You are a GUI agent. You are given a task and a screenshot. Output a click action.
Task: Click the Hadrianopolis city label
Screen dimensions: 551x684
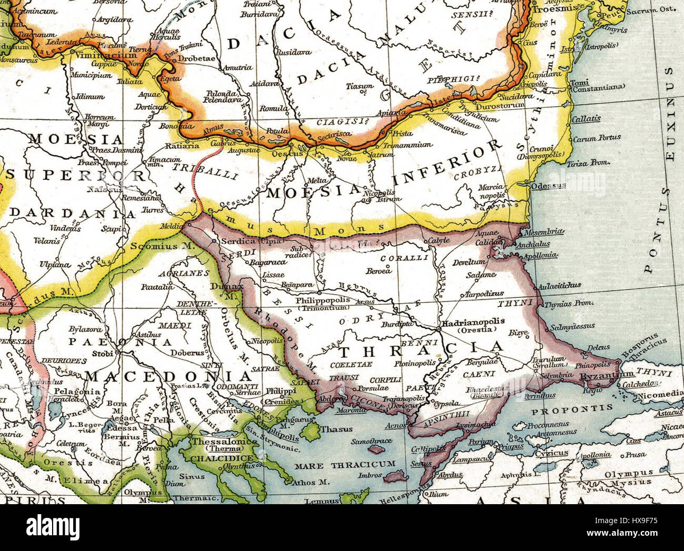click(x=474, y=320)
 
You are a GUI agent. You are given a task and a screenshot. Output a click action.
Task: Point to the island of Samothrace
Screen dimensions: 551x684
click(x=375, y=450)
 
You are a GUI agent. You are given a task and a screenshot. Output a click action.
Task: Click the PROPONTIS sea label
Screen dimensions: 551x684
click(x=572, y=408)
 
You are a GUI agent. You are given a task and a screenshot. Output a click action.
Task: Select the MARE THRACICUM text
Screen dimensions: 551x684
click(x=345, y=464)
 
